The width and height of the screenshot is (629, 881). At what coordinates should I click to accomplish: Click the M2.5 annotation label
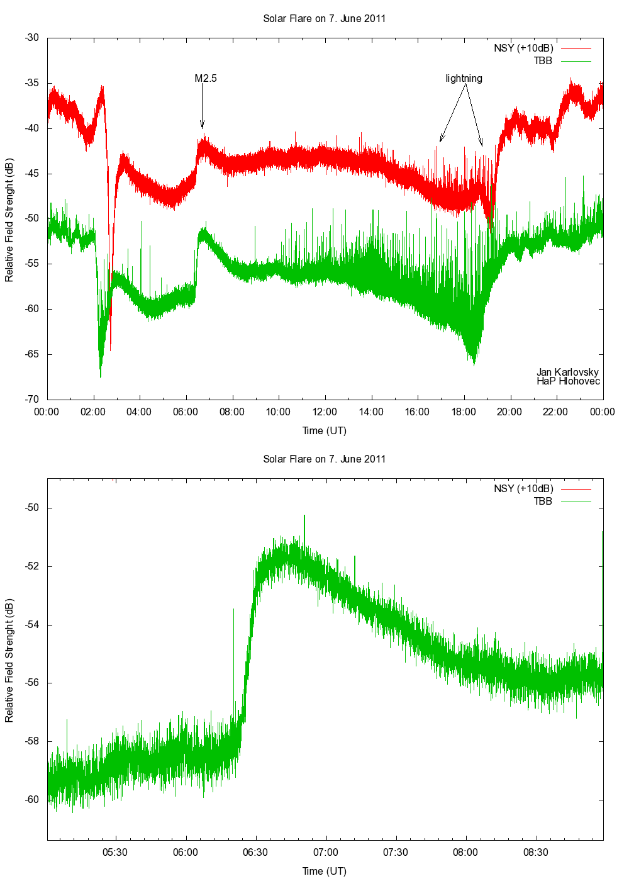click(x=206, y=79)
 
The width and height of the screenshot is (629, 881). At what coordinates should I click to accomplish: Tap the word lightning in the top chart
click(x=464, y=79)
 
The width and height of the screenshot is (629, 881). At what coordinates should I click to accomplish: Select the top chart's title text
click(x=324, y=19)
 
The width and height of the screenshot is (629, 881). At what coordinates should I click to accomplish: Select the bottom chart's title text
click(x=324, y=459)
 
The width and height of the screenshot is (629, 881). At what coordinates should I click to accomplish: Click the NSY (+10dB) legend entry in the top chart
click(x=523, y=48)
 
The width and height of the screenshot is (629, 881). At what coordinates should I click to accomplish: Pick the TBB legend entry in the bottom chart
click(x=542, y=502)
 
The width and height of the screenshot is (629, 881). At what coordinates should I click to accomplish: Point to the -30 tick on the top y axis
click(x=32, y=38)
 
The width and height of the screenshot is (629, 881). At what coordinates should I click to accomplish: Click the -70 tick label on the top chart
click(x=32, y=399)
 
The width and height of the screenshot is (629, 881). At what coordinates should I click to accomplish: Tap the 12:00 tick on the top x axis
click(x=325, y=412)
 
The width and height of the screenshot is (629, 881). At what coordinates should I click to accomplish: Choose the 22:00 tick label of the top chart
click(x=556, y=412)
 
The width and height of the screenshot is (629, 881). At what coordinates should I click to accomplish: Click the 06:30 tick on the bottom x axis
click(x=255, y=853)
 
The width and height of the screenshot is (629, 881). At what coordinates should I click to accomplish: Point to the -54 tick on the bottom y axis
click(x=32, y=625)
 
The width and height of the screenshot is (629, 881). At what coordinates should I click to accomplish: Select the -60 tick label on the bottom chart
click(x=32, y=800)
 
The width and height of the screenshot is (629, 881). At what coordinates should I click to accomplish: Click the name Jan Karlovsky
click(x=567, y=372)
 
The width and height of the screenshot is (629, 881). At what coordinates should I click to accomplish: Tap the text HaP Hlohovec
click(x=568, y=381)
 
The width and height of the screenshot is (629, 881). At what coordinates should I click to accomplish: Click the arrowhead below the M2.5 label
click(x=202, y=125)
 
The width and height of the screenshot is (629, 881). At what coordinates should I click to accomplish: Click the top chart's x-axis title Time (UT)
click(x=324, y=431)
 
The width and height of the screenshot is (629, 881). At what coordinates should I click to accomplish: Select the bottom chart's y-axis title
click(x=9, y=659)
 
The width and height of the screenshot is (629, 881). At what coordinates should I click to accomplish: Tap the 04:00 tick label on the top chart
click(x=139, y=412)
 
